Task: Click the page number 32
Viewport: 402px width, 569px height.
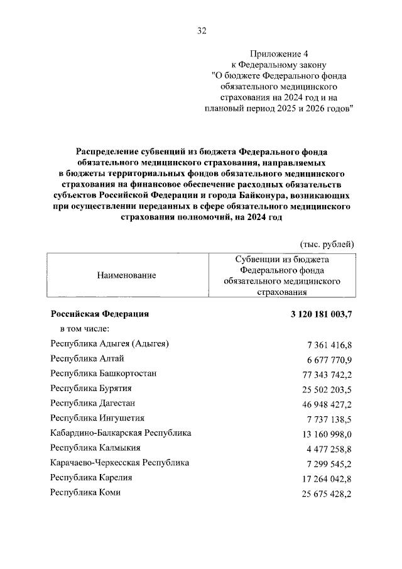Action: pyautogui.click(x=201, y=30)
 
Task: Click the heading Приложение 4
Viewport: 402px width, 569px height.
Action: pyautogui.click(x=281, y=53)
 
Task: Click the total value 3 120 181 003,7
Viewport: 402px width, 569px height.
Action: pyautogui.click(x=313, y=314)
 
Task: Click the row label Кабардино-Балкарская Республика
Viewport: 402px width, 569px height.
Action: pyautogui.click(x=121, y=433)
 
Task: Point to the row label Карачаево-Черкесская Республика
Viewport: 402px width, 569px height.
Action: pyautogui.click(x=120, y=463)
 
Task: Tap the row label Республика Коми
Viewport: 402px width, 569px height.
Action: pyautogui.click(x=85, y=492)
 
